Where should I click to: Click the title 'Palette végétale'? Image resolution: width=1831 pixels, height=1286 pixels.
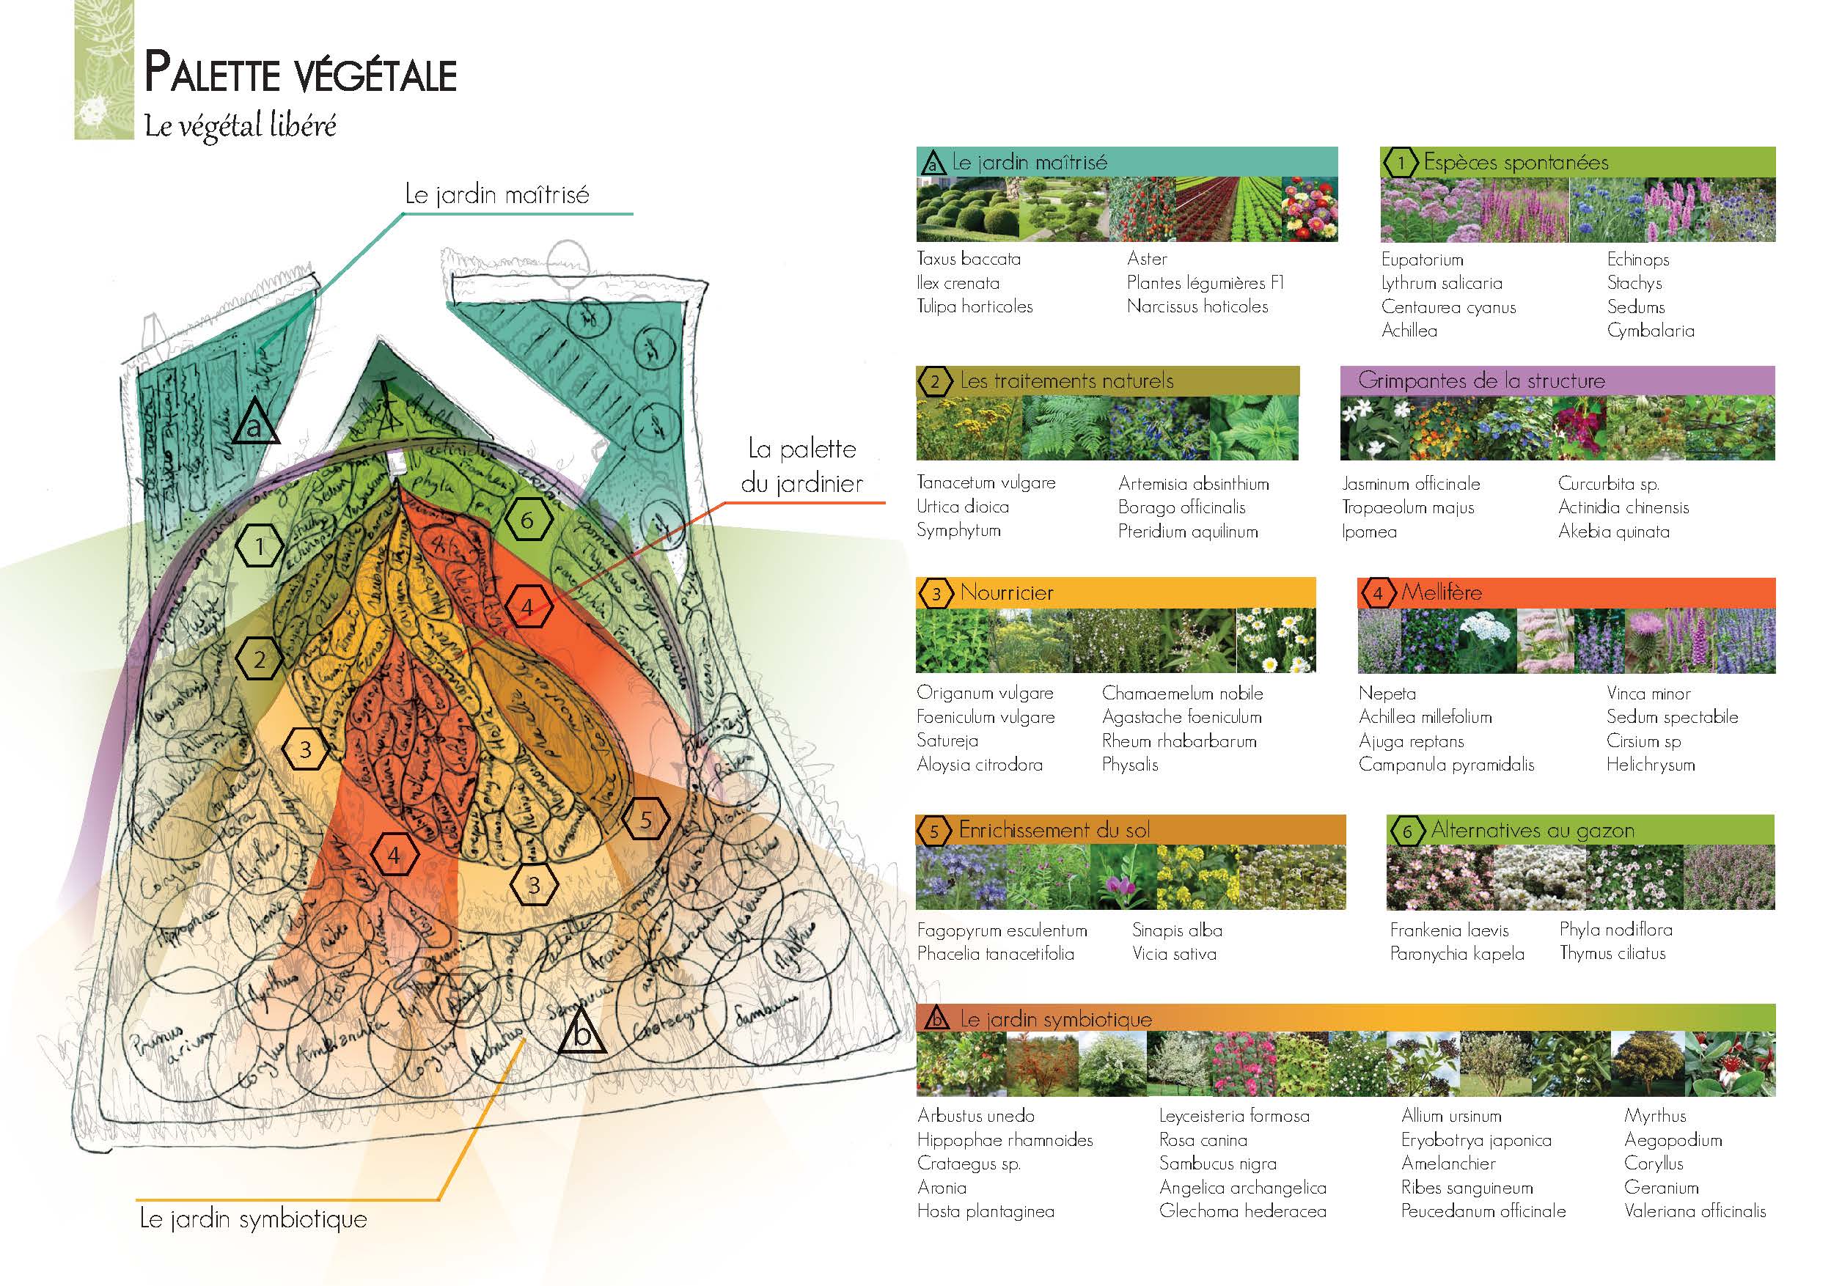300,74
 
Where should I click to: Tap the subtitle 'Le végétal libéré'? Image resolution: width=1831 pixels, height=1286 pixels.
240,126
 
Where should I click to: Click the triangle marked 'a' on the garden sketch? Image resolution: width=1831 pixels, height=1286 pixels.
255,423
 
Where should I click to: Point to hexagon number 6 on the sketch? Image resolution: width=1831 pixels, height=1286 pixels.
527,521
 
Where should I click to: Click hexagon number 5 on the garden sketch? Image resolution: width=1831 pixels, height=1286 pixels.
646,820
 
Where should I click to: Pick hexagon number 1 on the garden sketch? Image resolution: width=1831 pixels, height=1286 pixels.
259,546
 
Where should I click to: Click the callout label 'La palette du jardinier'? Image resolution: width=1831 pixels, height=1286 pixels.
801,466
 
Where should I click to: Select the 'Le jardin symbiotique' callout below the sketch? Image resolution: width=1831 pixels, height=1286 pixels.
254,1219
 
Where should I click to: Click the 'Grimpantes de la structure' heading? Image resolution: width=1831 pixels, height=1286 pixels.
1481,381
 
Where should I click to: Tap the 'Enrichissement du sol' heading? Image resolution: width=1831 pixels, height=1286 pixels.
1054,830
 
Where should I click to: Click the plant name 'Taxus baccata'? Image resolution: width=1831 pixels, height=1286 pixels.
968,258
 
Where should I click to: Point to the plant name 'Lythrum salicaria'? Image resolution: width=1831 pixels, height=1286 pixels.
1441,283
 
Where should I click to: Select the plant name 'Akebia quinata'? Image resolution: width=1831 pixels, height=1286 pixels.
1613,532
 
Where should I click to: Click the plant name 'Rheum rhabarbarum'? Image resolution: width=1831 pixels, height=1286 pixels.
1178,741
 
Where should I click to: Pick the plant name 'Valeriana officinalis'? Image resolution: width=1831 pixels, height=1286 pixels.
1695,1211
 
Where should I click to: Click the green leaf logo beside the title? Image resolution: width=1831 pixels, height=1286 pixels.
103,71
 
